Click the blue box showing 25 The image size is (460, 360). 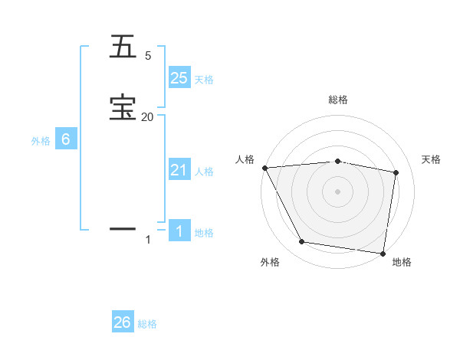click(179, 78)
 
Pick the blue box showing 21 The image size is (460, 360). click(179, 171)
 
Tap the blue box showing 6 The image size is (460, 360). click(66, 140)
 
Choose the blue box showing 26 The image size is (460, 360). click(123, 323)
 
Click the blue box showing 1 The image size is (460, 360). click(179, 232)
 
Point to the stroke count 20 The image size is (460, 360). click(148, 116)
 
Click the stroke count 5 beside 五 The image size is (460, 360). click(148, 56)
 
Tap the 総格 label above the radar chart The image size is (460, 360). click(338, 100)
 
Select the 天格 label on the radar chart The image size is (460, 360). click(432, 159)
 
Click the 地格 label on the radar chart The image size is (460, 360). click(402, 262)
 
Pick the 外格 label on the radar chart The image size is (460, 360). click(270, 262)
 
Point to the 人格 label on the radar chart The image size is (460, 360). click(245, 159)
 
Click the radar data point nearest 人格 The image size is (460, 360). click(264, 168)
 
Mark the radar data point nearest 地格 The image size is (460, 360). click(383, 253)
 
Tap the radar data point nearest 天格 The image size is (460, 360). click(396, 172)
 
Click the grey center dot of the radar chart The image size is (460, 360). click(337, 191)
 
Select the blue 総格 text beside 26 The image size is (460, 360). click(147, 324)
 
